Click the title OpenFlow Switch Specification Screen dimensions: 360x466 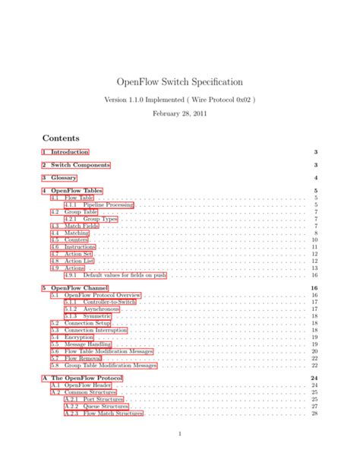180,81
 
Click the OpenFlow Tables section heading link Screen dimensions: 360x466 73,190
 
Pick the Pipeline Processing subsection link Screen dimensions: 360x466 98,204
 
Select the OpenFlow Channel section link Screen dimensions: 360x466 77,289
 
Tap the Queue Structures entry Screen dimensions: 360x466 102,406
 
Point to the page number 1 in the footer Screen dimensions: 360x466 180,434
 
